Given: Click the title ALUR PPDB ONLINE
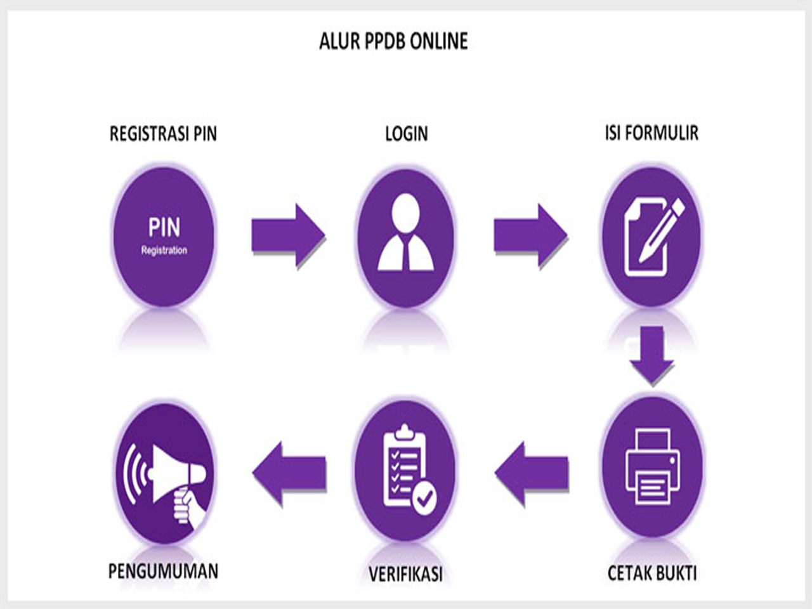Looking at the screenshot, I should point(393,41).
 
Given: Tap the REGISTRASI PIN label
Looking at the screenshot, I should point(163,134).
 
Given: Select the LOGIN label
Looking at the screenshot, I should point(406,134).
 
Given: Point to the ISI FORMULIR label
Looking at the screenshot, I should point(652,133).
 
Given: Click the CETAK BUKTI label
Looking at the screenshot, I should point(652,573).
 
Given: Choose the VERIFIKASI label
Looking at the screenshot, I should point(405,574).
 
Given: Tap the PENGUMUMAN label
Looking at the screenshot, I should point(163,571).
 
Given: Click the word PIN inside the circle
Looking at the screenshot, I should point(164,227).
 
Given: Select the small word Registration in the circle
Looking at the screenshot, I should point(164,251).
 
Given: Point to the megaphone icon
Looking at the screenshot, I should point(168,476).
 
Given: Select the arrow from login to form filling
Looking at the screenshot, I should point(530,235).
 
